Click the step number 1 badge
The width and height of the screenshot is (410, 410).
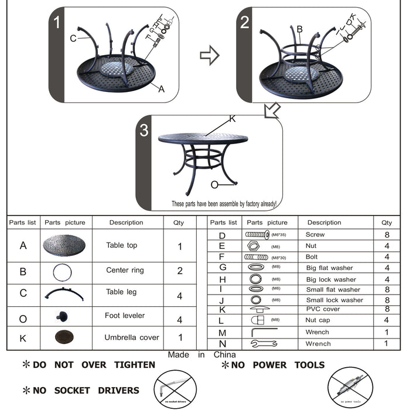[57, 23]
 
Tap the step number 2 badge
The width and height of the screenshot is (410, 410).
[245, 23]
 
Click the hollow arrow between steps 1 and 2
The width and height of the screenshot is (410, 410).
[209, 56]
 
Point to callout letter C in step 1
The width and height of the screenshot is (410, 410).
[73, 39]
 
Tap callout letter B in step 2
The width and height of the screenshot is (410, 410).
[299, 29]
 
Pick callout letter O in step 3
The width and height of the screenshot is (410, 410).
[214, 184]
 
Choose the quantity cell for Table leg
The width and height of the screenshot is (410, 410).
[180, 296]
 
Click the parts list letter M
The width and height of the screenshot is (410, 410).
[221, 333]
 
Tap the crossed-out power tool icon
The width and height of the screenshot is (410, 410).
[350, 388]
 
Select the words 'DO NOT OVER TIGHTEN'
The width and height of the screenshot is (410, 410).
[94, 365]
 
